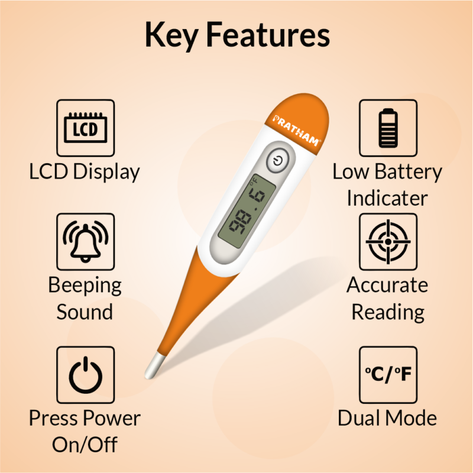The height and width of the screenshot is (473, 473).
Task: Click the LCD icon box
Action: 86,128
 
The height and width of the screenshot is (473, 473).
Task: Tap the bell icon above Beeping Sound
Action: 86,242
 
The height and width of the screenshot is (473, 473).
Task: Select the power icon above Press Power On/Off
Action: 86,375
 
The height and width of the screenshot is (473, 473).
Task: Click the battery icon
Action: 388,128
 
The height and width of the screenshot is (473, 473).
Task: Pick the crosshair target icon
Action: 388,242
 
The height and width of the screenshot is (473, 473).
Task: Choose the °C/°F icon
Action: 388,374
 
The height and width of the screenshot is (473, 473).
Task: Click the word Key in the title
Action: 171,35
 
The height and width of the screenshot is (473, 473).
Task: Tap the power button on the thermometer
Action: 278,160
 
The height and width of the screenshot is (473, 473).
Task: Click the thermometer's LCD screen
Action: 247,211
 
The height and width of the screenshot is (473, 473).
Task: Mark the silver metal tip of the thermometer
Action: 154,366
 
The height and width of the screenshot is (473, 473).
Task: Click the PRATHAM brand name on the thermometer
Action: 296,130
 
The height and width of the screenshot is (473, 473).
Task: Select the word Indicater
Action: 387,199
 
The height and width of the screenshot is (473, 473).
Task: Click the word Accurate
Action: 387,285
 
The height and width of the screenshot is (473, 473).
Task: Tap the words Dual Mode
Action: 387,418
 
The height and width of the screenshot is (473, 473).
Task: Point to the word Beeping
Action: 85,286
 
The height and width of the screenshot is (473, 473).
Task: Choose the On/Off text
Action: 85,445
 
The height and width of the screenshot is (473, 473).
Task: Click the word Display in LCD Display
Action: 106,172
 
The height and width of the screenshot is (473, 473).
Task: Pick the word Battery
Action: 409,172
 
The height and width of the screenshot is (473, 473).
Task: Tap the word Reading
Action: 388,313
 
